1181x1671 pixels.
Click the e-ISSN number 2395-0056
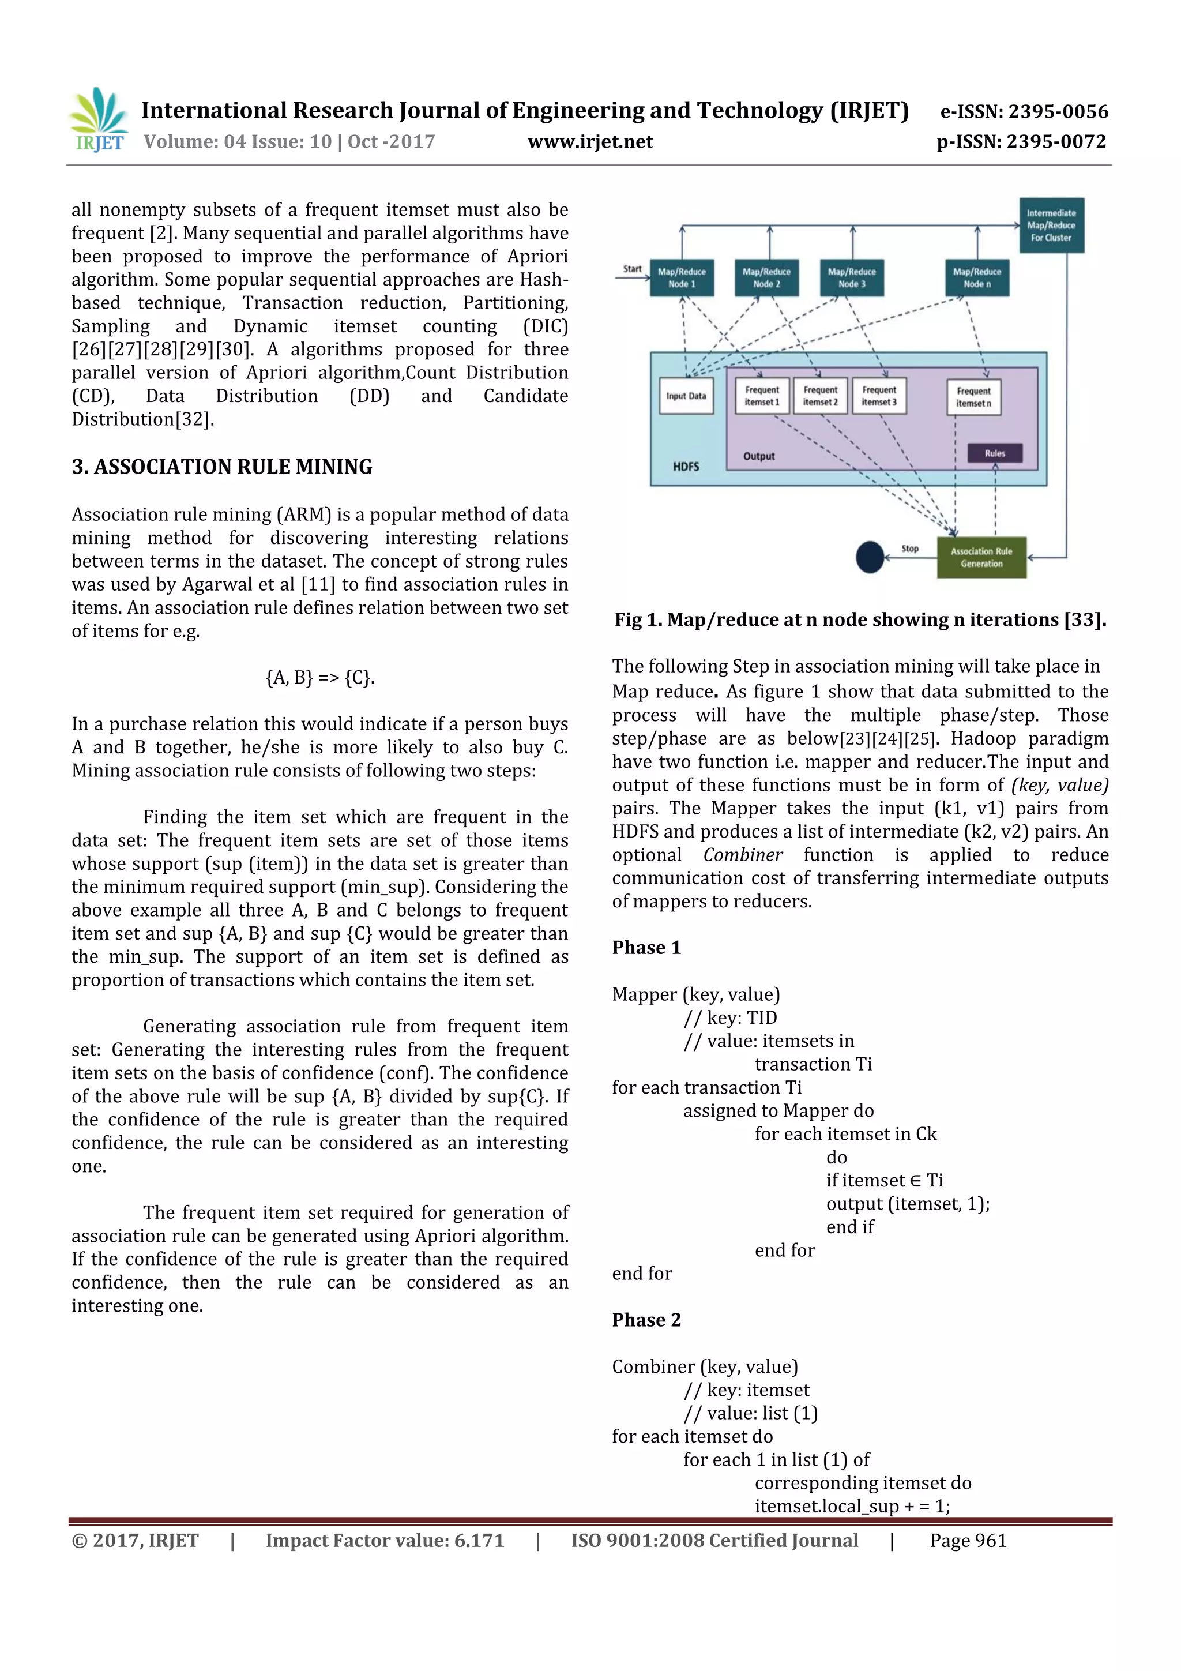pos(1025,111)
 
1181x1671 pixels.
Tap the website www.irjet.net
pos(589,141)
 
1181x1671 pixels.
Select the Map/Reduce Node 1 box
pos(682,278)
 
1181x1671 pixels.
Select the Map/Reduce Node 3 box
pos(851,278)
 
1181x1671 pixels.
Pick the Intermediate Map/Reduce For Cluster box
pos(1051,226)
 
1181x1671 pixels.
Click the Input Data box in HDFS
pos(686,396)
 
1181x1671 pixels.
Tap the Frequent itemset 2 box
pos(820,396)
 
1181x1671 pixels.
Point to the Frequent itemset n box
pos(973,397)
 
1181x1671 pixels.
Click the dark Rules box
pos(994,453)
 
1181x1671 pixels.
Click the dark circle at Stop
pos(870,558)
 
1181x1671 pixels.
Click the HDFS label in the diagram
pos(686,467)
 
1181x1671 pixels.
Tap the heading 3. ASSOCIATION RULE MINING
pos(222,467)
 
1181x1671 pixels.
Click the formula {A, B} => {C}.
pos(320,678)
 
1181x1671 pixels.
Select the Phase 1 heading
pos(646,948)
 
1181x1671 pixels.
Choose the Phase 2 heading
pos(646,1320)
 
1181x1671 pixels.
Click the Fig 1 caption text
pos(860,619)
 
